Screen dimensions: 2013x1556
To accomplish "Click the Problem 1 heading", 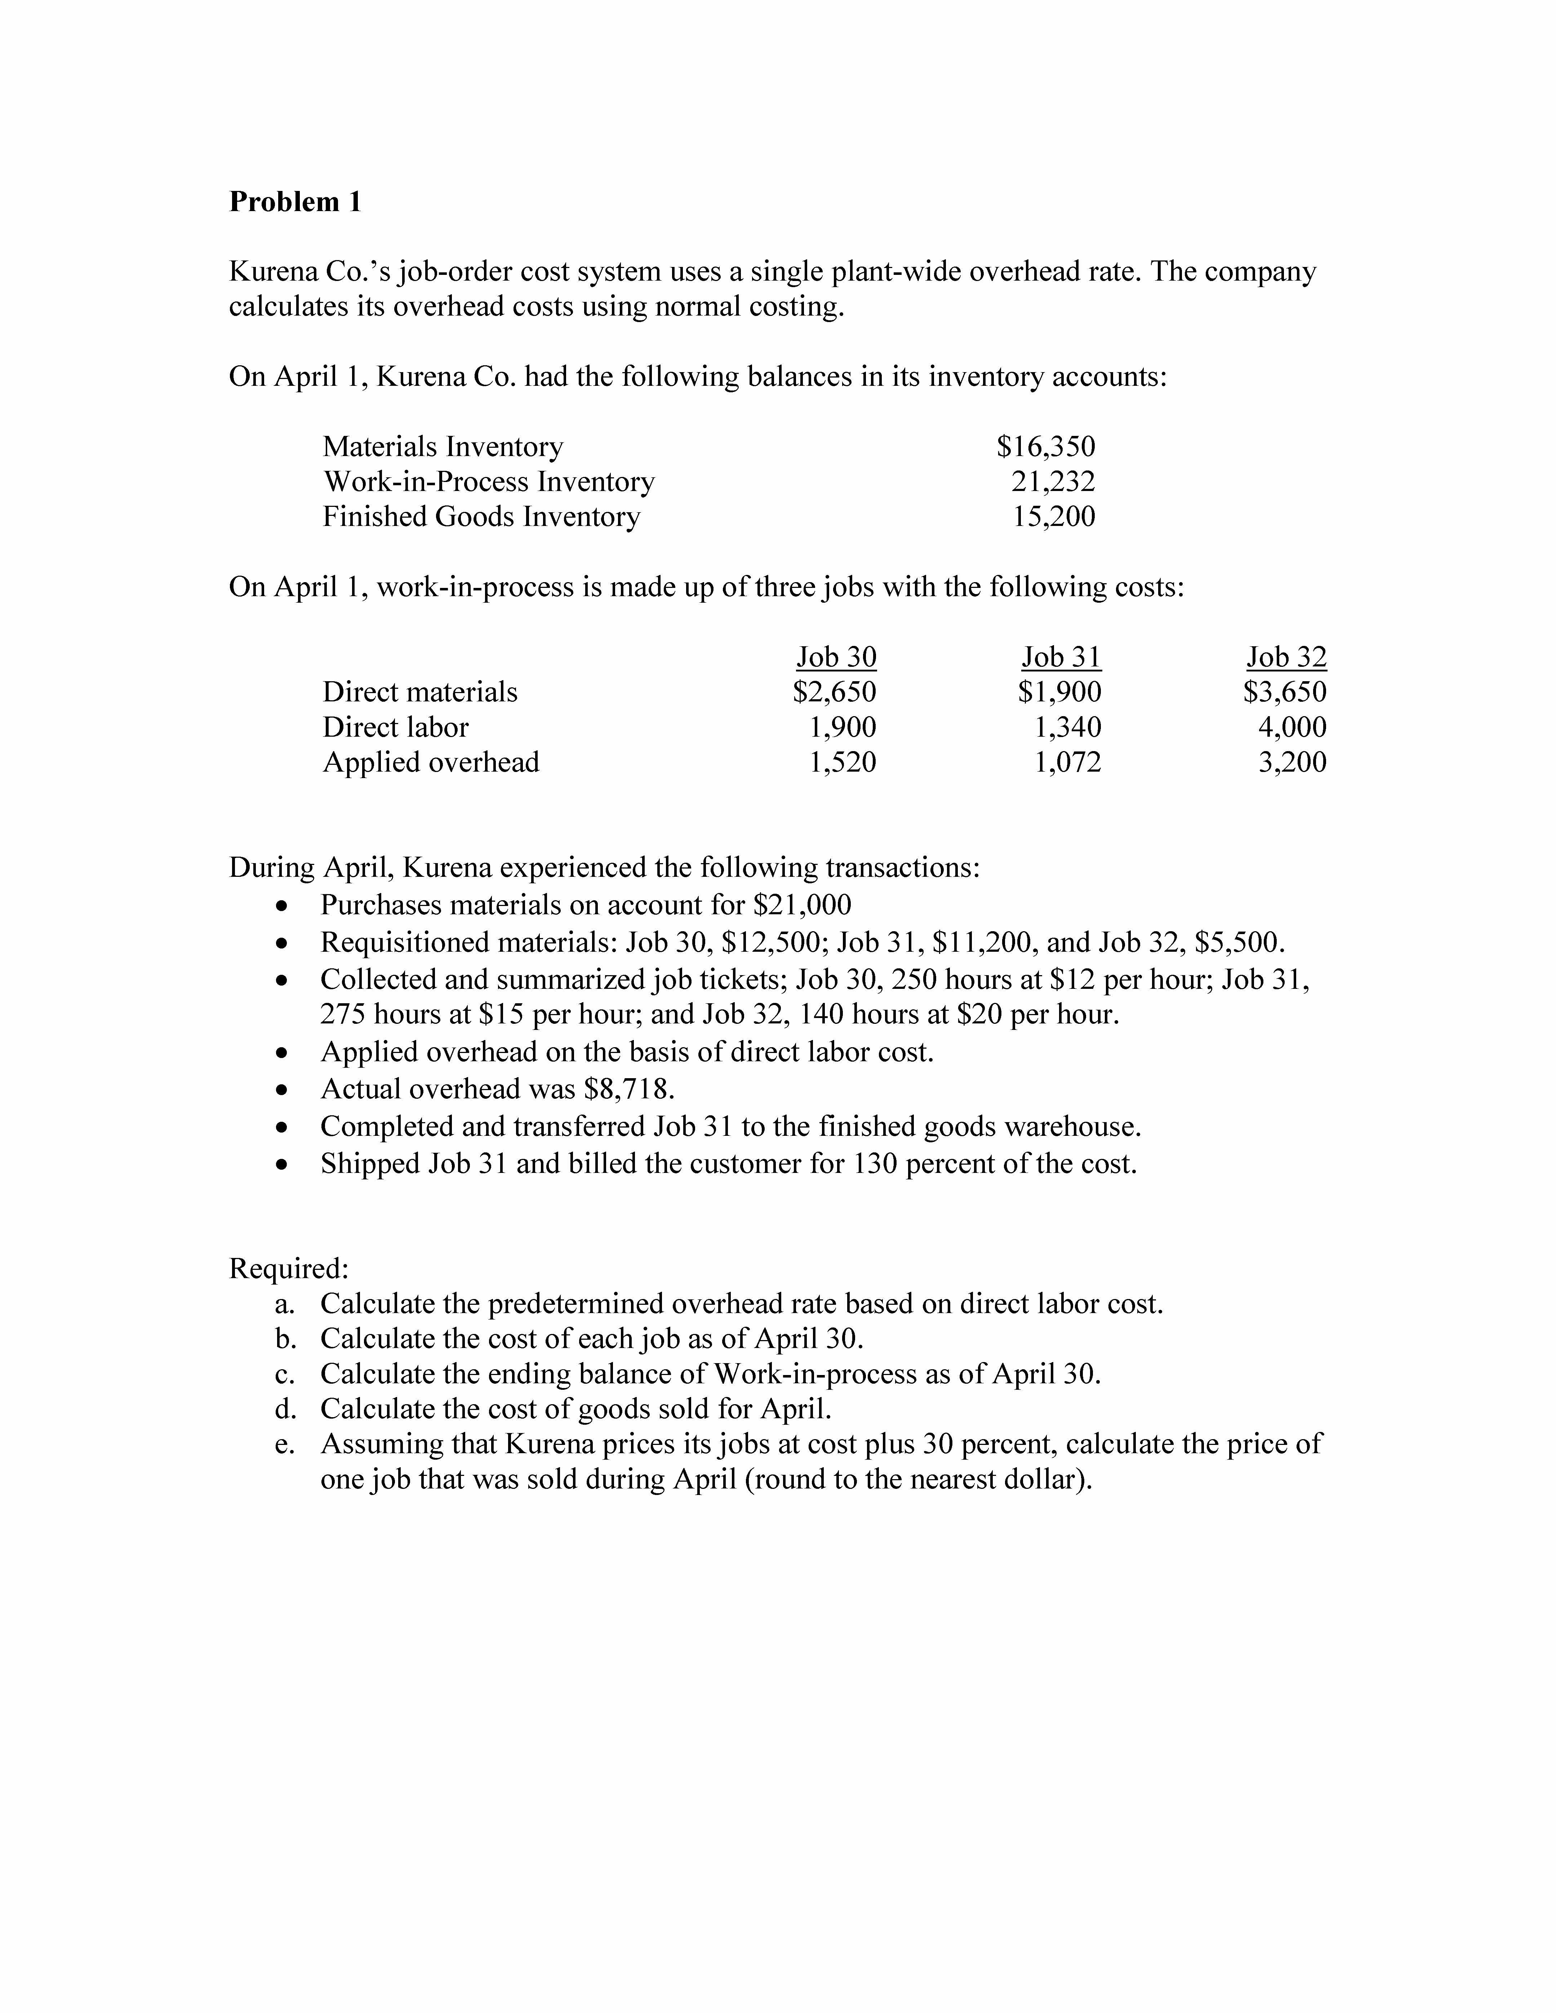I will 295,202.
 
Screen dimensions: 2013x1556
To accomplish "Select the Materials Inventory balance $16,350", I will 1046,447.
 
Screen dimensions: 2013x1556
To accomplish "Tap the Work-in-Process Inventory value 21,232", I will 1054,481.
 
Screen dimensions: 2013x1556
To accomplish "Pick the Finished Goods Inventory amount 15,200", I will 1054,516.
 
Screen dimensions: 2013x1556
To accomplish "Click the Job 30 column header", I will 836,657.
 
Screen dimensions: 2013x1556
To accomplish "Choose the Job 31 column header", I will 1061,657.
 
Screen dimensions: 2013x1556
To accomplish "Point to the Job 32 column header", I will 1286,657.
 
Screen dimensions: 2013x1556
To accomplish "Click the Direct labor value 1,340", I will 1067,727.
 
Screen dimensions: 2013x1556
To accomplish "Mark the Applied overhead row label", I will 431,762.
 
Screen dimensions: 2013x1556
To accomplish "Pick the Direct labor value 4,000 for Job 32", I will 1292,727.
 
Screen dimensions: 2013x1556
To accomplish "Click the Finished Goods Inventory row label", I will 481,516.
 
